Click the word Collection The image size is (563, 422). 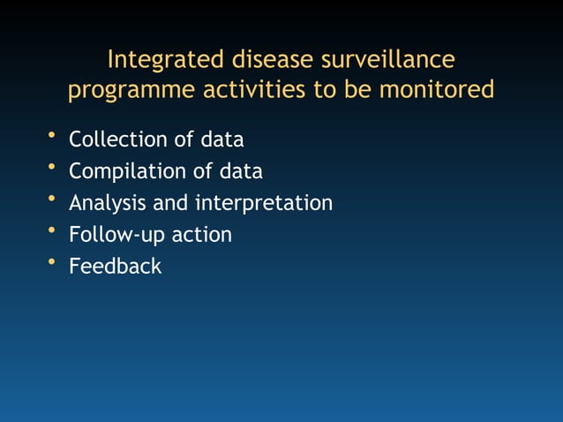(x=112, y=139)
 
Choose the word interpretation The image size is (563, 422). (x=264, y=203)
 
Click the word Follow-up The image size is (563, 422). (x=110, y=235)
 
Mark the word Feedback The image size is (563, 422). (x=116, y=266)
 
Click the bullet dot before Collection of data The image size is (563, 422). (x=52, y=135)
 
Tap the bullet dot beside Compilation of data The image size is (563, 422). (x=52, y=167)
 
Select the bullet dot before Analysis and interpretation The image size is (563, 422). (x=52, y=199)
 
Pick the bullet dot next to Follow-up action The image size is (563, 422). (x=52, y=230)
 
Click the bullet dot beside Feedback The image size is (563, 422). (x=52, y=261)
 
